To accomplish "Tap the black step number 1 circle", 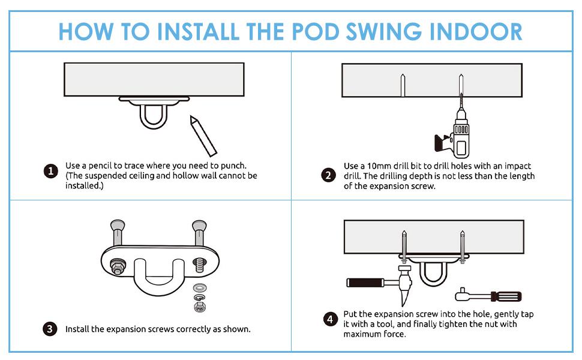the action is (x=51, y=171).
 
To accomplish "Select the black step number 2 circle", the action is (x=328, y=175).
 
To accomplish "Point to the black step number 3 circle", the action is (x=50, y=329).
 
